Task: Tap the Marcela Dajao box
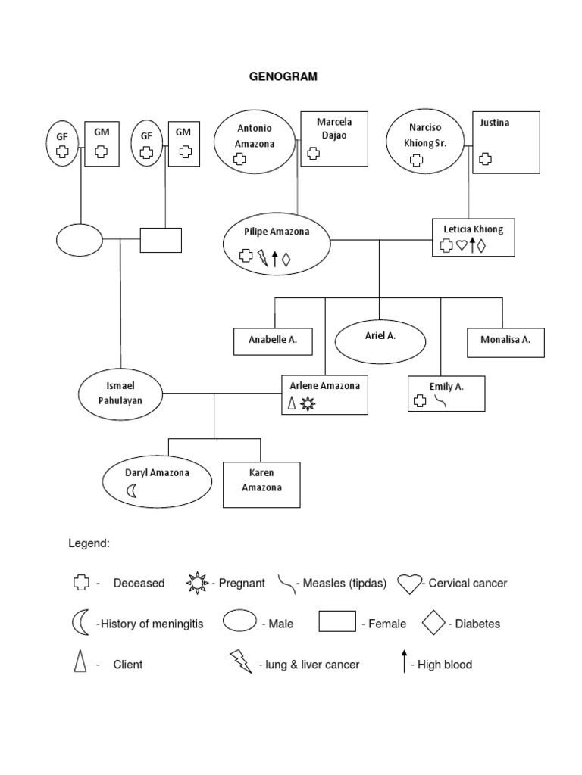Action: tap(334, 139)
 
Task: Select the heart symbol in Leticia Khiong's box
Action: tap(462, 245)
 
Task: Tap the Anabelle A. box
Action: tap(272, 341)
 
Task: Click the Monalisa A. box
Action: tap(505, 341)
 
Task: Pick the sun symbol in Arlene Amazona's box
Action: tap(307, 404)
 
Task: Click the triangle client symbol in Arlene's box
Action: tap(292, 403)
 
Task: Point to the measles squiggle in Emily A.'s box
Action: tap(440, 401)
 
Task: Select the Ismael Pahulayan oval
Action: tap(121, 393)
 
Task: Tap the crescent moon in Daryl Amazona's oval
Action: tap(132, 491)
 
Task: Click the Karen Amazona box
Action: tap(261, 484)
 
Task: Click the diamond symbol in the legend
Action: tap(433, 623)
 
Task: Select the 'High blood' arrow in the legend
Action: tap(403, 661)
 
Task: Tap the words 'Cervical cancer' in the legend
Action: tap(468, 584)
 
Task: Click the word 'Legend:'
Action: tap(89, 543)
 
